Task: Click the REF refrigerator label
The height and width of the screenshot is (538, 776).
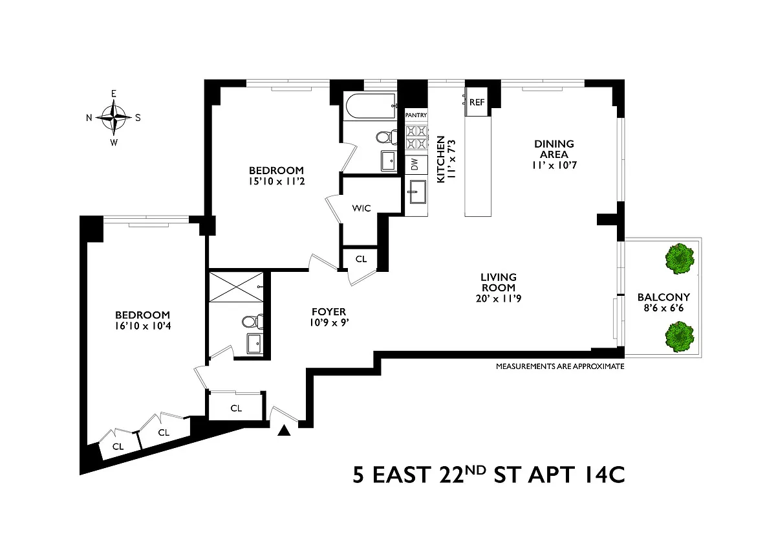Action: click(x=477, y=102)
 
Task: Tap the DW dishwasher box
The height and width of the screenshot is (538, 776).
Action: click(x=416, y=164)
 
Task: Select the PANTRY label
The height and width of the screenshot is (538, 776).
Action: click(x=416, y=115)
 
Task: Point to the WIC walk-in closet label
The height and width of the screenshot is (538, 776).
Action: click(x=361, y=208)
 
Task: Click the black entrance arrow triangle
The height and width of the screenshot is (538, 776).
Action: click(x=284, y=431)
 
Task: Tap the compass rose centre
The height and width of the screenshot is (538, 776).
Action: click(x=114, y=117)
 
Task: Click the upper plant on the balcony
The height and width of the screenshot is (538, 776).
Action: click(x=680, y=259)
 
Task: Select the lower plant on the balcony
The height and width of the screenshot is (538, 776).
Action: click(x=680, y=337)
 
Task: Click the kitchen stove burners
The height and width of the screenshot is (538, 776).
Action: click(x=416, y=137)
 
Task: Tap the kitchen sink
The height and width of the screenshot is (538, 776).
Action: click(x=416, y=192)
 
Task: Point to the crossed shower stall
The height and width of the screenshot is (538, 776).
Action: click(x=236, y=287)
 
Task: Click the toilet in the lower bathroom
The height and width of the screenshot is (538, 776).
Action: click(x=253, y=322)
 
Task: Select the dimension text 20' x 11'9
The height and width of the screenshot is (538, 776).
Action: click(x=499, y=298)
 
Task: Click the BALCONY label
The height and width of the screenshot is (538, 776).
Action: click(x=663, y=297)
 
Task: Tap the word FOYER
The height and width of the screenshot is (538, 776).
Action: click(x=329, y=311)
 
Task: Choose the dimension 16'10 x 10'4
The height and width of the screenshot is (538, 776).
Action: click(x=143, y=326)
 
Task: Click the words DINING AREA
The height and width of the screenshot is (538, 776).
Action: click(x=554, y=149)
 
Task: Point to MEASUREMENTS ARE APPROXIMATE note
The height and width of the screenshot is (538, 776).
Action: click(x=560, y=366)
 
